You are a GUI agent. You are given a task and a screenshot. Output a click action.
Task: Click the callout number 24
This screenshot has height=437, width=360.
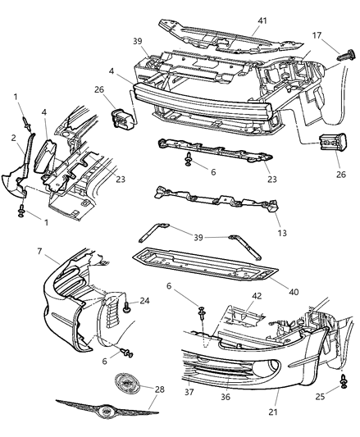coord(146,301)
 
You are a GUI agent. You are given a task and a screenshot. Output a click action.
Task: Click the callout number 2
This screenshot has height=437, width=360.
coord(13,139)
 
